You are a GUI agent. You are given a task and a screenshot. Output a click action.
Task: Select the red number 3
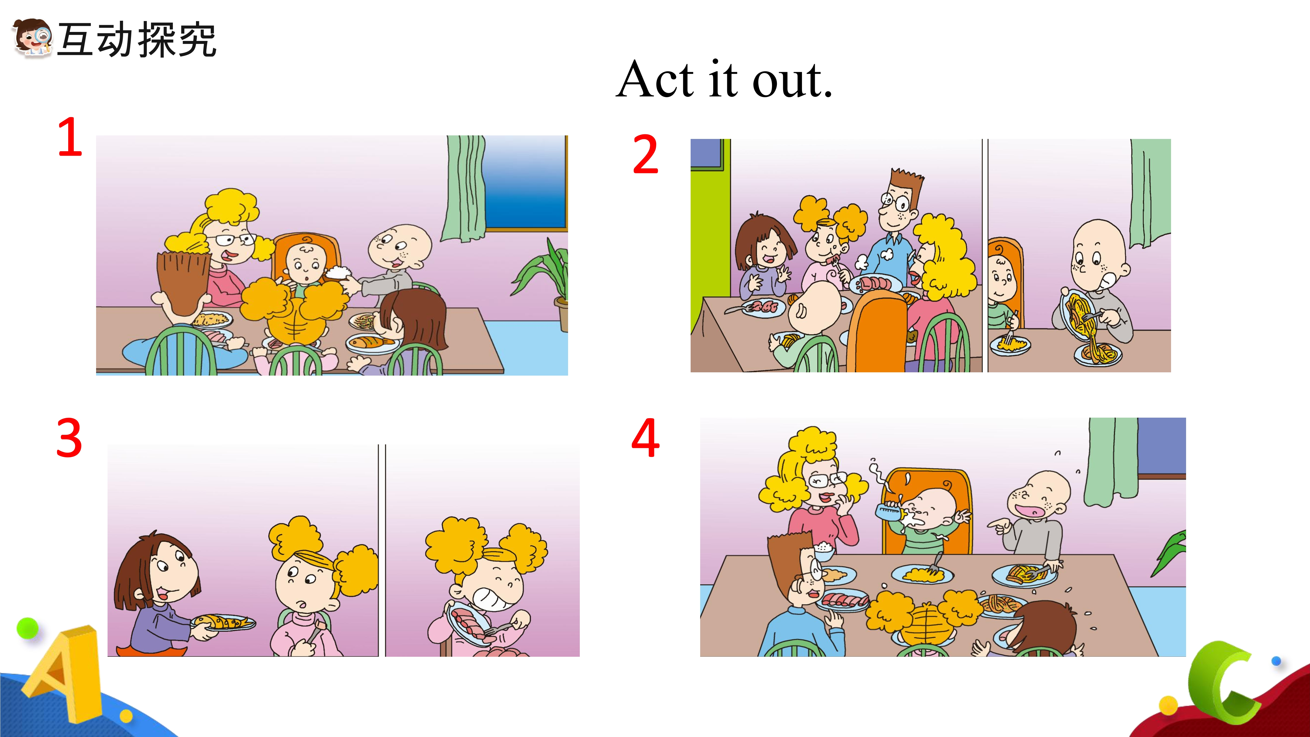pos(69,437)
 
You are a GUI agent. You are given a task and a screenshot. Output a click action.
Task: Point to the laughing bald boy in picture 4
pos(1032,519)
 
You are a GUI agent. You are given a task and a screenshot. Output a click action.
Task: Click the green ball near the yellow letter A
pos(28,628)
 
